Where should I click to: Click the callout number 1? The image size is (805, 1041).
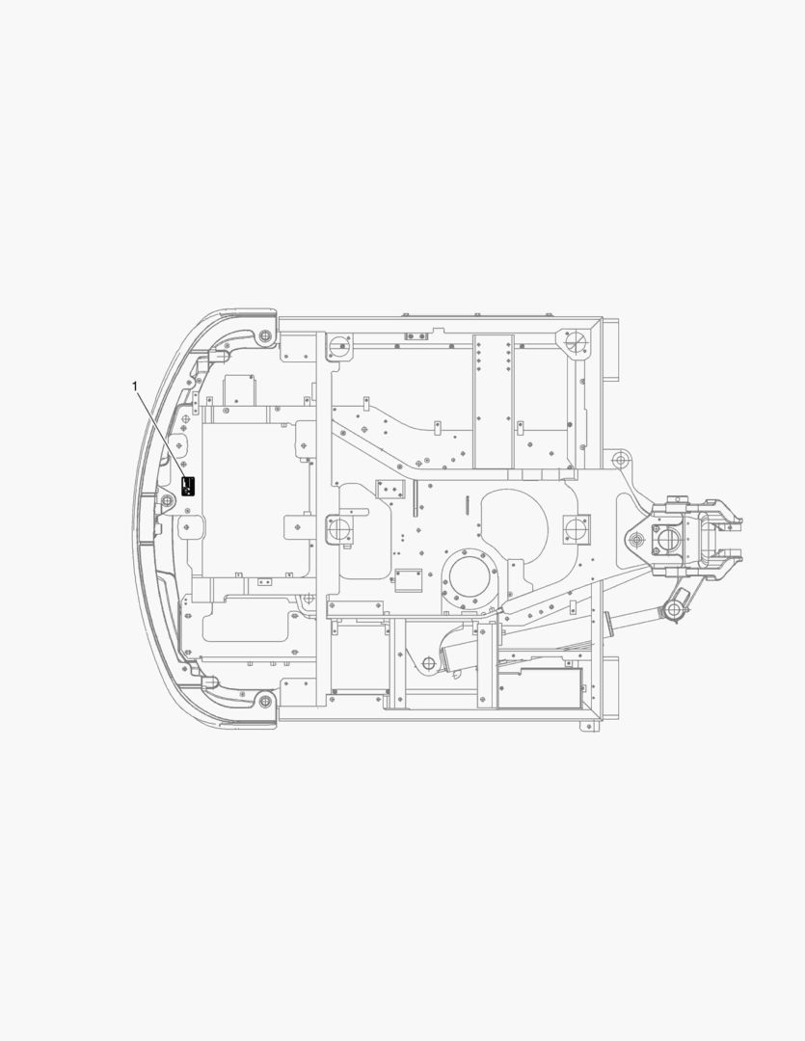135,386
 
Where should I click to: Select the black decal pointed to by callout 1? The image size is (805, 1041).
189,485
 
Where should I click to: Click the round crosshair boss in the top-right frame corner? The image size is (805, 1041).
576,341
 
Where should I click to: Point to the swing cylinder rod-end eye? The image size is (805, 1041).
674,608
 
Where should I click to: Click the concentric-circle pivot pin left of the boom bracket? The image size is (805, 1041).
635,540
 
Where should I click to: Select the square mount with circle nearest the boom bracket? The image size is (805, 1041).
576,528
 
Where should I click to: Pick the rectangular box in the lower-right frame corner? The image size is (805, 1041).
541,688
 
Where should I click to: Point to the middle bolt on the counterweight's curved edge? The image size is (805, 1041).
167,499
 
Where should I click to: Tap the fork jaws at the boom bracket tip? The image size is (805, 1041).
723,540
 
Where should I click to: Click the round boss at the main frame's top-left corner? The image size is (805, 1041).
337,345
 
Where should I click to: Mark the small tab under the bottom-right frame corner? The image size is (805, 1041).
584,726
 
